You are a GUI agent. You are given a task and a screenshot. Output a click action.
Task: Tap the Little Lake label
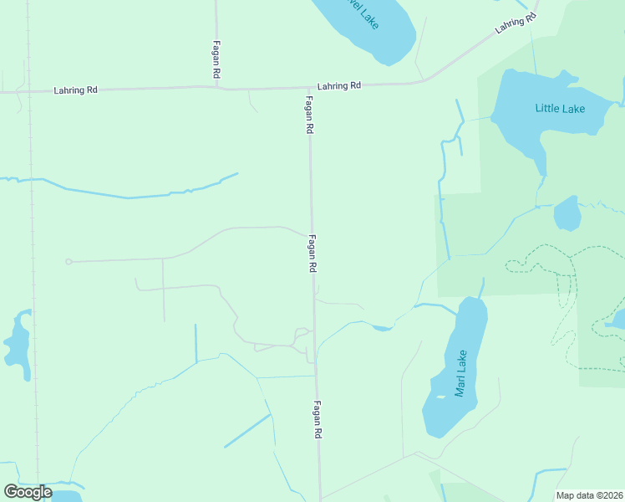tap(560, 109)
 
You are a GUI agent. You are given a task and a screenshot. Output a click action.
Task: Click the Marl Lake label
tap(460, 373)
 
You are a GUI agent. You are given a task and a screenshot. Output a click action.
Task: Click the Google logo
tap(28, 491)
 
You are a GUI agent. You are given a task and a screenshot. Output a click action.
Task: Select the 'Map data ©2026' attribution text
tap(589, 495)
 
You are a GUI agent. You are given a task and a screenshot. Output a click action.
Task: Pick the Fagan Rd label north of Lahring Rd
tap(216, 60)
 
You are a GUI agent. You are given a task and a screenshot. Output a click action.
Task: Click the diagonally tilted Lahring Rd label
tap(513, 22)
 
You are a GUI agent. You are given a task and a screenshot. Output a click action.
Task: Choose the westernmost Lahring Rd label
tap(75, 90)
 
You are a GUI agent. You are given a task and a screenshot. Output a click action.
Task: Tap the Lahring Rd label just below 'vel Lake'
tap(338, 85)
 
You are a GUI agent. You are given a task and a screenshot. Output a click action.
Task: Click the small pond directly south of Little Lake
tap(567, 213)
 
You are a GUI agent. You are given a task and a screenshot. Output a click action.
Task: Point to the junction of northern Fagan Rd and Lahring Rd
tap(216, 86)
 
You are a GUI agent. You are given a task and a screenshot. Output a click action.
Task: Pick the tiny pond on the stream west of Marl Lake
tap(382, 328)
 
